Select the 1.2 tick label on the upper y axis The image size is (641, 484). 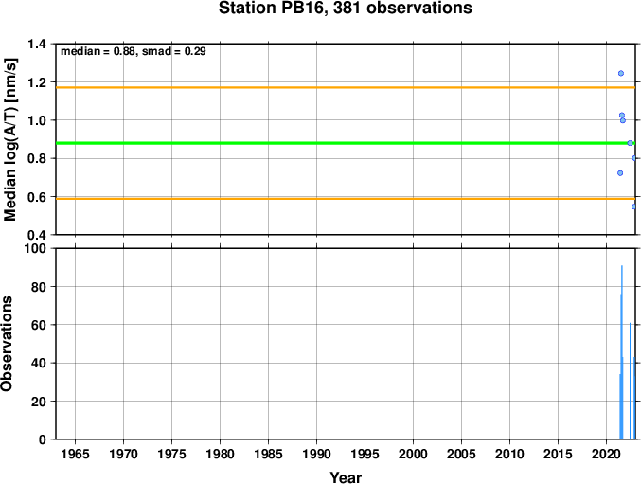click(37, 82)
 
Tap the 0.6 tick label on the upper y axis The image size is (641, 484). click(37, 196)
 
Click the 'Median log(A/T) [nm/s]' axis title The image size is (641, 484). click(11, 139)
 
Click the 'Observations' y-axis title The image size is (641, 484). click(9, 344)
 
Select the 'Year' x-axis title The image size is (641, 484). click(345, 478)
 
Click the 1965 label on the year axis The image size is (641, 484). click(75, 455)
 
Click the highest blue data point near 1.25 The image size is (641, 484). click(621, 73)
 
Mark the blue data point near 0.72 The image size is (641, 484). click(620, 173)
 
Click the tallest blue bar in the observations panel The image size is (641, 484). click(622, 360)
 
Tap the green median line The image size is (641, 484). click(331, 143)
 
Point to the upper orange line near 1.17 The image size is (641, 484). click(331, 88)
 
